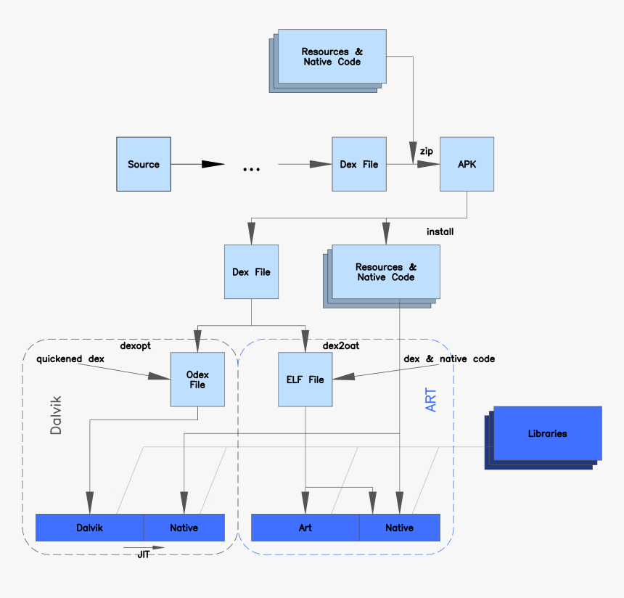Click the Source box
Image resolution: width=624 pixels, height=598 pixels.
point(144,164)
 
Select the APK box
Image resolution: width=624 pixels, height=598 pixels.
point(467,164)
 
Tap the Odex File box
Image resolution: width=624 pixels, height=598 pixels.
point(197,380)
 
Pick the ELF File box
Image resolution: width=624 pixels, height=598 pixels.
point(305,380)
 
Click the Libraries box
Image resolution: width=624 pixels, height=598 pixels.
point(548,433)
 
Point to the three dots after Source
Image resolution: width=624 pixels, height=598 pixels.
point(252,169)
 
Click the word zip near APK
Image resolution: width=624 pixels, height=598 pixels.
point(427,151)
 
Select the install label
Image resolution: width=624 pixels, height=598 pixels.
point(440,232)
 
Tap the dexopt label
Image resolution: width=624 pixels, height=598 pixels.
point(135,345)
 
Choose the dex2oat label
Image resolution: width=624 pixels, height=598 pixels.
point(341,345)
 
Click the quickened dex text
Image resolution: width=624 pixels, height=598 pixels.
point(70,359)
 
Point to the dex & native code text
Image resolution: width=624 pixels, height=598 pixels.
point(449,359)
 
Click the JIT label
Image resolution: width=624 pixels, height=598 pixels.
point(143,554)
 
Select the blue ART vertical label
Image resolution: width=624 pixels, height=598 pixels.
point(430,400)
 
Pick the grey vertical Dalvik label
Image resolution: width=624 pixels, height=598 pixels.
point(56,415)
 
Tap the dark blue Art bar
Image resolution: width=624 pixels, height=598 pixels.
point(305,528)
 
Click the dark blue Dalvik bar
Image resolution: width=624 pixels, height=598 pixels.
point(89,528)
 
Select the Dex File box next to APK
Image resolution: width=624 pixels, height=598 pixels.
point(359,164)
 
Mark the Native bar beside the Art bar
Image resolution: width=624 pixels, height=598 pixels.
point(400,528)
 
